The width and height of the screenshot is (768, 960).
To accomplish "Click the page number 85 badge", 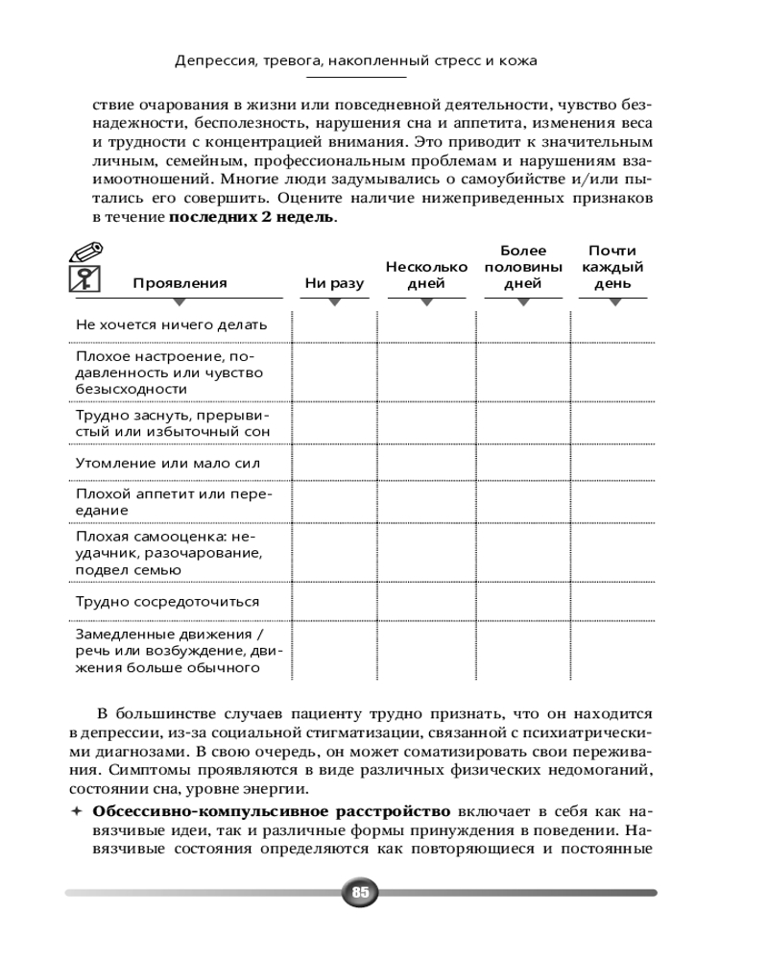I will pyautogui.click(x=361, y=892).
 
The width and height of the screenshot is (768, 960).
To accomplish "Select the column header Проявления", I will pyautogui.click(x=180, y=283).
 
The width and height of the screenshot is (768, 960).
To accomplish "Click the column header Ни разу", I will pyautogui.click(x=334, y=283).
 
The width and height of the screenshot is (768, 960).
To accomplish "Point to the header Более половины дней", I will pyautogui.click(x=523, y=267).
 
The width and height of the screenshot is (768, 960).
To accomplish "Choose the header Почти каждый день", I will pyautogui.click(x=612, y=267).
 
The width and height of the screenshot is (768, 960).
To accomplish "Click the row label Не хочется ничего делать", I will pyautogui.click(x=171, y=324).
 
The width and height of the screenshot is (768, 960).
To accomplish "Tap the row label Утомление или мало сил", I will pyautogui.click(x=168, y=464).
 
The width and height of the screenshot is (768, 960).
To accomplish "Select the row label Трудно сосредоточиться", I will pyautogui.click(x=167, y=602).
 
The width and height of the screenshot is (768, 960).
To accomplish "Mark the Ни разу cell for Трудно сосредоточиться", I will pyautogui.click(x=334, y=602).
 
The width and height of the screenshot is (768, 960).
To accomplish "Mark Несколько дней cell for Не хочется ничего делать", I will pyautogui.click(x=427, y=324).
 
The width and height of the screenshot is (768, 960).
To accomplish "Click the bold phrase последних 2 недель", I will pyautogui.click(x=252, y=217).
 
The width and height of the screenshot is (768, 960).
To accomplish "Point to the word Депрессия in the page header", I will pyautogui.click(x=214, y=60).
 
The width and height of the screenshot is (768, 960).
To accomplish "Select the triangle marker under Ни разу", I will pyautogui.click(x=334, y=302).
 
